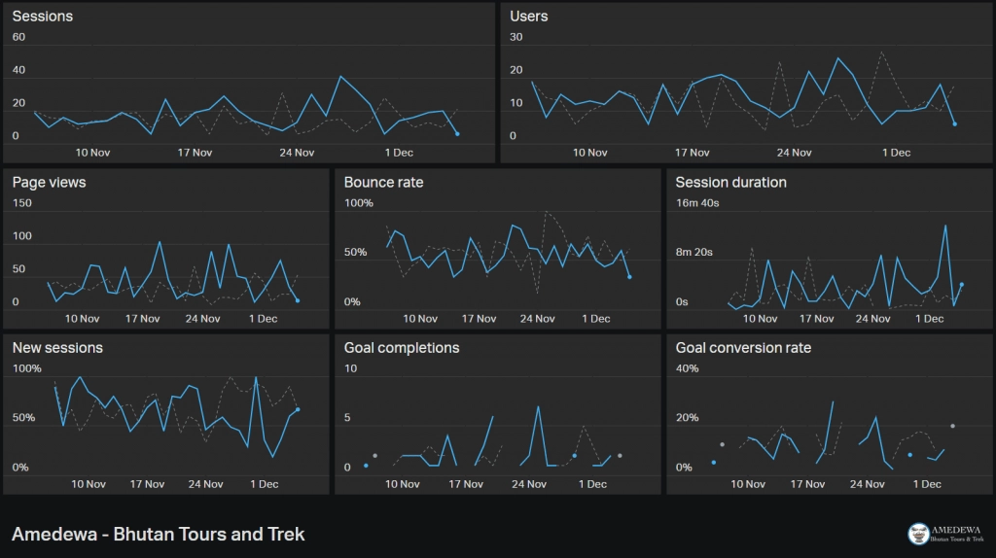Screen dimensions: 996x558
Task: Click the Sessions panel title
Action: [43, 17]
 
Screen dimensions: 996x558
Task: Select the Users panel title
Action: [528, 17]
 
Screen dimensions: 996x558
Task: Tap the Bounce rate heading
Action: [383, 182]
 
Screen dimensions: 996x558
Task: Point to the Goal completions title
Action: [402, 348]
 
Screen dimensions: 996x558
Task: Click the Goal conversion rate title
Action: [743, 348]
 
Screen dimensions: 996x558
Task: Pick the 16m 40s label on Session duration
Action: [697, 203]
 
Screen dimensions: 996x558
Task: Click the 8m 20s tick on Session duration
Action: [694, 252]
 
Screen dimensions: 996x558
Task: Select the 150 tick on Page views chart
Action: [21, 203]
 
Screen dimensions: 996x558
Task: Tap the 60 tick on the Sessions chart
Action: [19, 37]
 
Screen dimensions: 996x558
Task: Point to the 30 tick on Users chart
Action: [516, 37]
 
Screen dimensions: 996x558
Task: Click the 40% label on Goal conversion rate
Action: [688, 368]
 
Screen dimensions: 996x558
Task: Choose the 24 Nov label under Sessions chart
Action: [297, 153]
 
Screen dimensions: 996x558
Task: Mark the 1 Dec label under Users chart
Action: [896, 153]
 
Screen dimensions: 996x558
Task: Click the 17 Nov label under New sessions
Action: [148, 484]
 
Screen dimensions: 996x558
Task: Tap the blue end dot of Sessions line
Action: [457, 134]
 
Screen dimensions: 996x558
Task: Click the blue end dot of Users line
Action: [955, 123]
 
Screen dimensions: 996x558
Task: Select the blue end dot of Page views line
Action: [298, 300]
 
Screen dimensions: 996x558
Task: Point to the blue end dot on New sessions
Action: [298, 409]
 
